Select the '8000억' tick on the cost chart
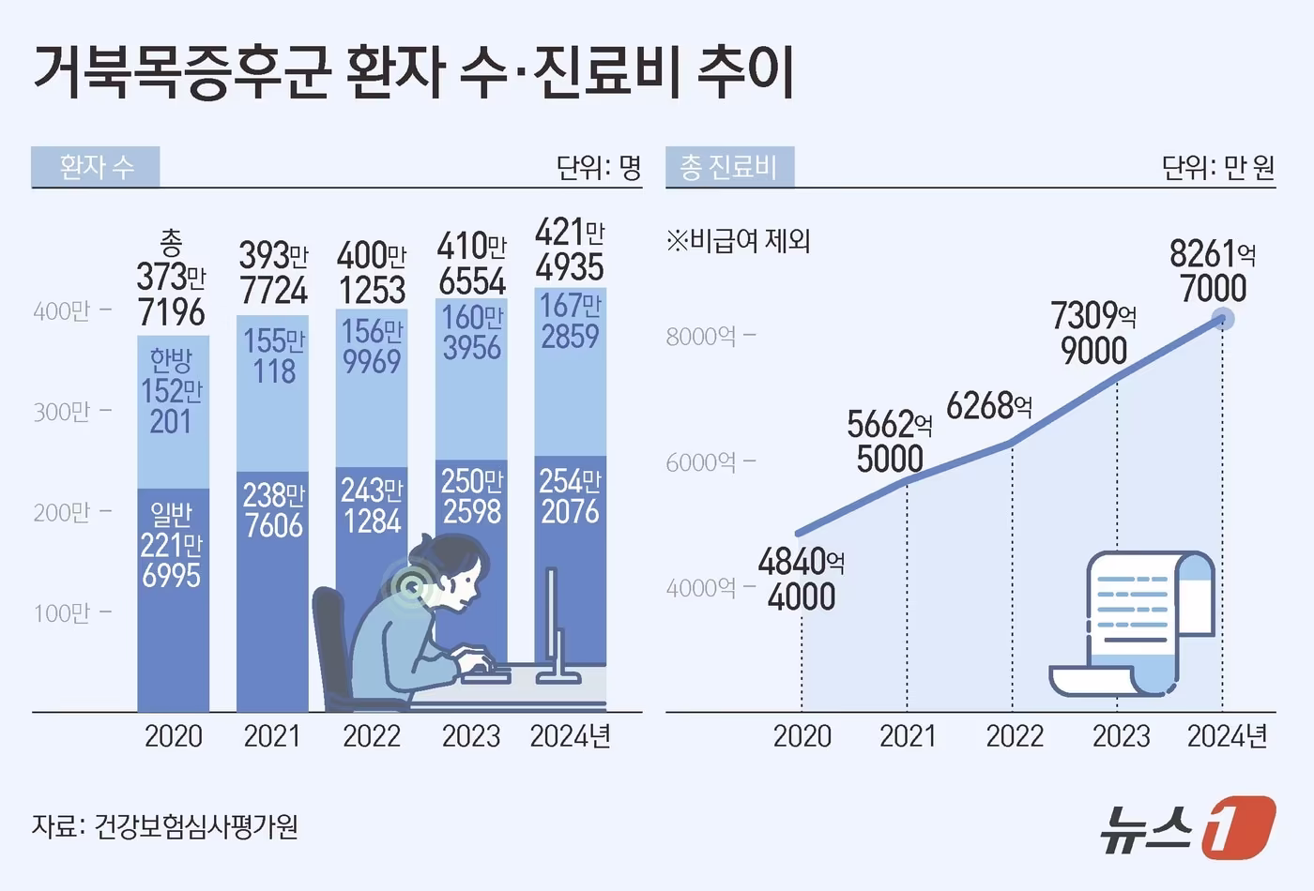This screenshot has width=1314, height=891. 701,337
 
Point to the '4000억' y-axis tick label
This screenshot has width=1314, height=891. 701,588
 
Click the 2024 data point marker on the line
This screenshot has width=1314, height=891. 1223,319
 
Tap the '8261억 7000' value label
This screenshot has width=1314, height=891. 1213,271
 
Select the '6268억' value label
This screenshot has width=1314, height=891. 989,406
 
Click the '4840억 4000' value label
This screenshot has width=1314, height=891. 802,580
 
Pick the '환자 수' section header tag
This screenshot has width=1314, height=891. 96,167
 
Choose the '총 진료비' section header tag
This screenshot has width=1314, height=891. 729,167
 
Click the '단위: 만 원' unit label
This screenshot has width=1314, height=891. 1217,168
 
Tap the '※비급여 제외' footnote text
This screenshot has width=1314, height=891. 738,241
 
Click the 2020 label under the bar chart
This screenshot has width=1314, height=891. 174,736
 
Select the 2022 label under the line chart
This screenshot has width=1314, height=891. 1015,736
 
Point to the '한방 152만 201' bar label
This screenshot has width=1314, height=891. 172,391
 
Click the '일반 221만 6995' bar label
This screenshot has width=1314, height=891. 172,545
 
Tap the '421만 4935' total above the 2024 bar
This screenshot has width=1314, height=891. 570,249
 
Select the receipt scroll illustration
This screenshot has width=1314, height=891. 1134,624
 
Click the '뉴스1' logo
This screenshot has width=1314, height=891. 1187,827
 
